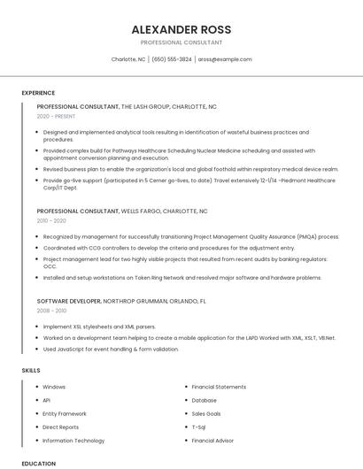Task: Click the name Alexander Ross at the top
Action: (x=181, y=28)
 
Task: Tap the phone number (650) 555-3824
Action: (x=172, y=59)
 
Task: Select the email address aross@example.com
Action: (x=225, y=59)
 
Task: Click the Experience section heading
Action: (x=38, y=93)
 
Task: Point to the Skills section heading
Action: (x=31, y=370)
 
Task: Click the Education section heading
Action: (x=38, y=463)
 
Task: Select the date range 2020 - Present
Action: (x=56, y=116)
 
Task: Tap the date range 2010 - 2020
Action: (x=51, y=221)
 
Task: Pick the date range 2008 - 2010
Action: (x=51, y=311)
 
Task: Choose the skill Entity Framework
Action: (x=65, y=413)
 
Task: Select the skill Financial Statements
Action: (x=219, y=387)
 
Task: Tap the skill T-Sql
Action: (x=199, y=427)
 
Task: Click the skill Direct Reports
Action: (x=60, y=427)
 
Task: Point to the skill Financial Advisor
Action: (x=212, y=440)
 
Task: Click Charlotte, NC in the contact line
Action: (x=128, y=59)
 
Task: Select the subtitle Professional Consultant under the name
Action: (x=181, y=42)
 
